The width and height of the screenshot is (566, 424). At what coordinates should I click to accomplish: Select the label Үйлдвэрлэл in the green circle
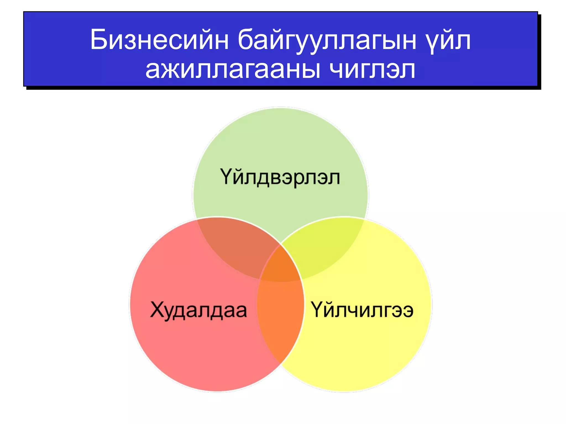(280, 177)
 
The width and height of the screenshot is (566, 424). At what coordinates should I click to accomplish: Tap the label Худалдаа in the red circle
(198, 310)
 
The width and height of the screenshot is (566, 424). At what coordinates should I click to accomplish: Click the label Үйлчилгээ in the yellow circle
(362, 310)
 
